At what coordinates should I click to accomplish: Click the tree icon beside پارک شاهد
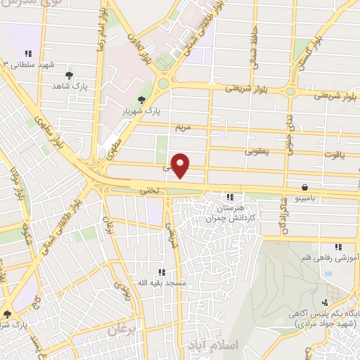[x=68, y=75]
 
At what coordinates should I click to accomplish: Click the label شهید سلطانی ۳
[x=28, y=64]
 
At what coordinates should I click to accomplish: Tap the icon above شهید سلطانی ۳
[x=28, y=53]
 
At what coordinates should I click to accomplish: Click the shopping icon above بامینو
[x=304, y=188]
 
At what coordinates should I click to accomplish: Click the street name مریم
[x=182, y=127]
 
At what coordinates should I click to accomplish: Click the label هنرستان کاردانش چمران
[x=232, y=212]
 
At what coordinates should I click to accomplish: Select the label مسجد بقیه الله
[x=160, y=283]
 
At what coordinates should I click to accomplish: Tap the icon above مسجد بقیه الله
[x=161, y=272]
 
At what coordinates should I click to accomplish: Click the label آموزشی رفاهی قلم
[x=335, y=258]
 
